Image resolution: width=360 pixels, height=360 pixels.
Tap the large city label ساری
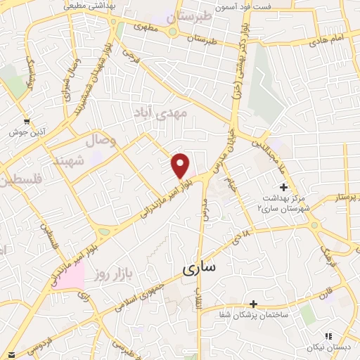(200, 268)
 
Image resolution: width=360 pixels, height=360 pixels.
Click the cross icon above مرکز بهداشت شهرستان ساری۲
(283, 186)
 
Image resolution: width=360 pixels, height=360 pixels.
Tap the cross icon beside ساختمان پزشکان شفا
(253, 304)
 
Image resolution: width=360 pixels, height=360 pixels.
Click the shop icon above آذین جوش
(27, 120)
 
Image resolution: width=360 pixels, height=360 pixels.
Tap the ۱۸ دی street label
(243, 235)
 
